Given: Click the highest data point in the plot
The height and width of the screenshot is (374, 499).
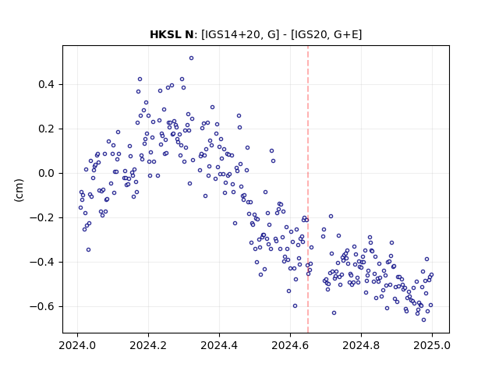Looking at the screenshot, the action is point(191,58).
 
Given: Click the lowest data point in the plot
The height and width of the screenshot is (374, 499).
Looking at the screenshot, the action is point(423,320).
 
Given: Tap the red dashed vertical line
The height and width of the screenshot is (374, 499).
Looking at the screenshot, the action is point(308,189).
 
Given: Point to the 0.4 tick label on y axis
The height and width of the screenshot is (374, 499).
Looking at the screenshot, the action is point(46,85).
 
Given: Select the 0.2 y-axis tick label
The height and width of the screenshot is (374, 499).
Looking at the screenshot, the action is point(46,129).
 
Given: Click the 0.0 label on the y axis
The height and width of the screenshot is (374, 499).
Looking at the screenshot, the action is point(46,174).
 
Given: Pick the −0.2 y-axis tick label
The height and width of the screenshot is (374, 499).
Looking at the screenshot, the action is point(42,218).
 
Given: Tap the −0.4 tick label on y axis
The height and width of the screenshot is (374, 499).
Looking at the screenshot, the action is point(42,263).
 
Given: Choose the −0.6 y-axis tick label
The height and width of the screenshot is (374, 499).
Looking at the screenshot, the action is point(42,306).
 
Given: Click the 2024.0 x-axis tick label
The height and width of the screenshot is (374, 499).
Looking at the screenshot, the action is point(77,345).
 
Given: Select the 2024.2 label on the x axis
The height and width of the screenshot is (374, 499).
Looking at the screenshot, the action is point(148,345).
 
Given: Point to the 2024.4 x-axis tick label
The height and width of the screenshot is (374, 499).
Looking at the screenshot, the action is point(219,345).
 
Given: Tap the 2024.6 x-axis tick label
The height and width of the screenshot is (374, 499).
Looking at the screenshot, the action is point(290,345).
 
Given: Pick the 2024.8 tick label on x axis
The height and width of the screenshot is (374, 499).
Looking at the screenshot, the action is point(361,345).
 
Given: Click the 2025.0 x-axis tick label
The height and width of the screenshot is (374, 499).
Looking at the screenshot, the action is point(432,345).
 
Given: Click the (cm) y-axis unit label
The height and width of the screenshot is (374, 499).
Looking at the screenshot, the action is point(19,189).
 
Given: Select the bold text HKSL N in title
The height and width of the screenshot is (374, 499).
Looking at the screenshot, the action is point(172,34).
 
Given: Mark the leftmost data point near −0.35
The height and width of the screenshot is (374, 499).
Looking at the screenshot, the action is point(88,250).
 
